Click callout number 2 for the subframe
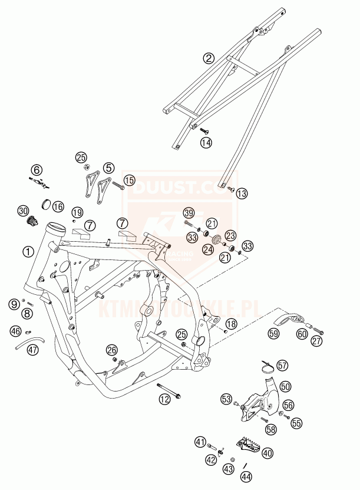(208, 58)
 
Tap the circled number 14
(205, 142)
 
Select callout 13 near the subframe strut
(242, 193)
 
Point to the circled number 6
(37, 170)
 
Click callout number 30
(23, 211)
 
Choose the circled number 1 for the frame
(28, 251)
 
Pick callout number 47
(32, 350)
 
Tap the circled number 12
(164, 400)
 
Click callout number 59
(274, 334)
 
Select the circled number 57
(283, 366)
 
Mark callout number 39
(189, 213)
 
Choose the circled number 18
(231, 324)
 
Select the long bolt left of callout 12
(170, 389)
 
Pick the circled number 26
(112, 350)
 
